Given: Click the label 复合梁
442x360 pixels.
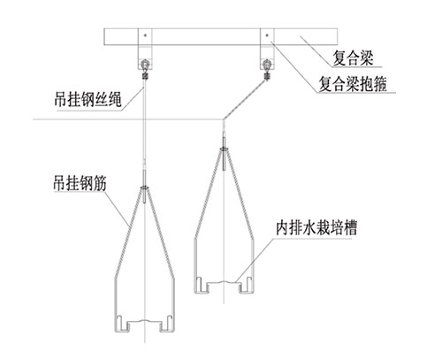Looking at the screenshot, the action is [x=353, y=58].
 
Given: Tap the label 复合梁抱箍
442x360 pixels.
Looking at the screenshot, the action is [x=353, y=84].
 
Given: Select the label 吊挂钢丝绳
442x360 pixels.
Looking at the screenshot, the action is [x=88, y=99].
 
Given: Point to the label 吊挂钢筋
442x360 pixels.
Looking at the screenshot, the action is [x=80, y=183].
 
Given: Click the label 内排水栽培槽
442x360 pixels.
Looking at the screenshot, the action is [x=316, y=227].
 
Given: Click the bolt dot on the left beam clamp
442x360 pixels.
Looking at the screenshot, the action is [x=145, y=35].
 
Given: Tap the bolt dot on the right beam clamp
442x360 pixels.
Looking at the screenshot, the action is [x=267, y=35].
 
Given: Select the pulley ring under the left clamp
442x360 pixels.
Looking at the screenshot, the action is [x=145, y=64].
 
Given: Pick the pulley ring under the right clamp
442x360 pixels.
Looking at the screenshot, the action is [x=267, y=64].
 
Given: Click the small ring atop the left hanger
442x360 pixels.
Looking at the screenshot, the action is [x=145, y=187].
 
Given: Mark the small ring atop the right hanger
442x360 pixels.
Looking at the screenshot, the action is [x=224, y=149].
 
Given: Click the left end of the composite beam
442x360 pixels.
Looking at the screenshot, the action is [x=104, y=36].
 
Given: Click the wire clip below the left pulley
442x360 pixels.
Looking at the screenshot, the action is [x=145, y=76].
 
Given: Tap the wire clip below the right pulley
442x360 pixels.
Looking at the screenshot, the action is [x=267, y=76].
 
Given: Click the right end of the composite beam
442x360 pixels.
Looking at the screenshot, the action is [x=337, y=36].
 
